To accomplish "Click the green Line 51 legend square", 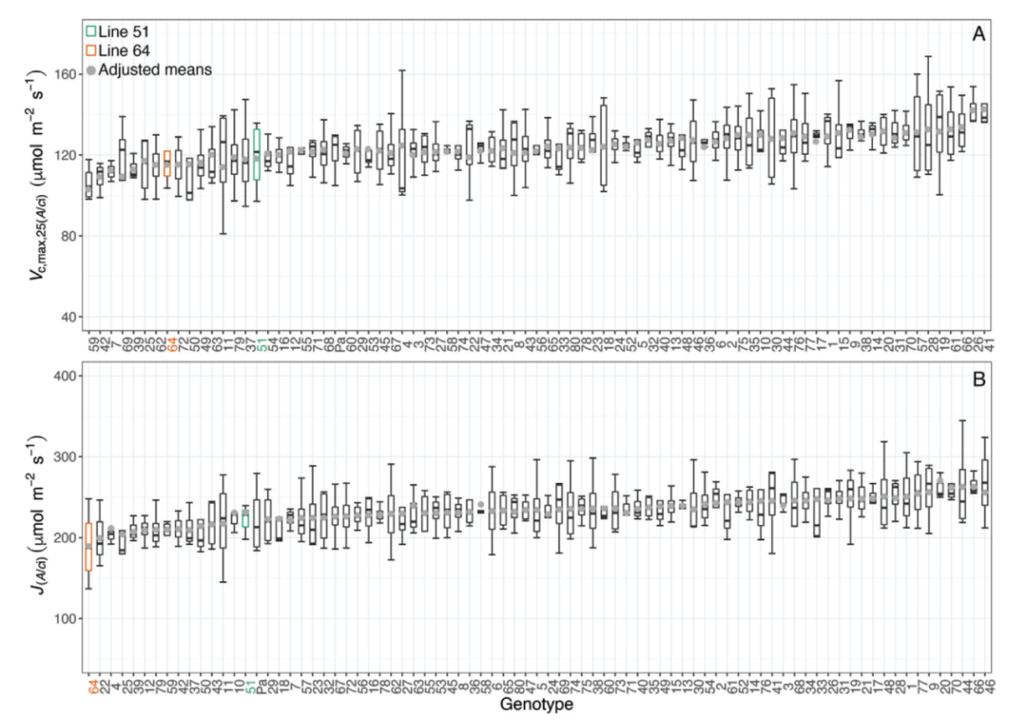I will tap(91, 30).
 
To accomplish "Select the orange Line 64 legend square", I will tap(91, 49).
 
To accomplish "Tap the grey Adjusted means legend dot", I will tap(91, 69).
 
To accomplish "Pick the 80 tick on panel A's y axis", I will tap(68, 236).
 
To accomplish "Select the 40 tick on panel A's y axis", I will tap(68, 317).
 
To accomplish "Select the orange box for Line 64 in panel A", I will tap(167, 164).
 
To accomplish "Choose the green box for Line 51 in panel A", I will tap(257, 153).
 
